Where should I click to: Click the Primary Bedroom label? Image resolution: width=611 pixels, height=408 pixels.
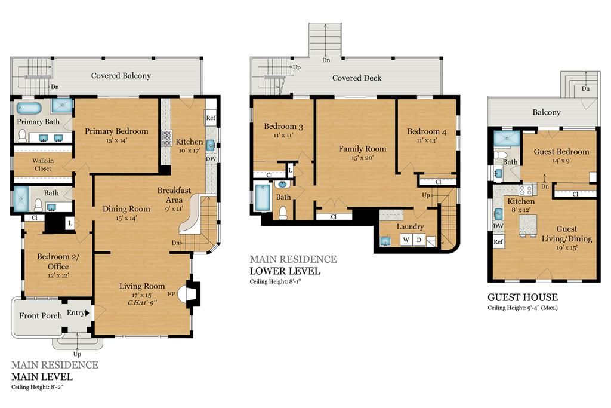116,131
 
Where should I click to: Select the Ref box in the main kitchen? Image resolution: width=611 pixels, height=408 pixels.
211,118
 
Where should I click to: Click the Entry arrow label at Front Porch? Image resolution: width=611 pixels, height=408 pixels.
78,313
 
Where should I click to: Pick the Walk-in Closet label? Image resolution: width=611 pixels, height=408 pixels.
42,164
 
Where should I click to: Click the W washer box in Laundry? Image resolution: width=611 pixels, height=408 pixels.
406,240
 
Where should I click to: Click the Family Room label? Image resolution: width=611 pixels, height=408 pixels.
362,149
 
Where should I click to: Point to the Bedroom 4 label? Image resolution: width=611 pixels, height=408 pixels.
426,132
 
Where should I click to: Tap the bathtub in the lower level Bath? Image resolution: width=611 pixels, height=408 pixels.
263,198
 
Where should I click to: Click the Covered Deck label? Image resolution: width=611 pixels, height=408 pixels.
357,78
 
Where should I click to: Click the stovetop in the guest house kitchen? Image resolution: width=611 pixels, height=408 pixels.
526,191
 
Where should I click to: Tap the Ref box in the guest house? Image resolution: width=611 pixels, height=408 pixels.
498,242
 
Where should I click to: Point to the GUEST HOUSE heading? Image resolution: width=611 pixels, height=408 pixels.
523,297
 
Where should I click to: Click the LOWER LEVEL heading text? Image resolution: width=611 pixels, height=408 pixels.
285,271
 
